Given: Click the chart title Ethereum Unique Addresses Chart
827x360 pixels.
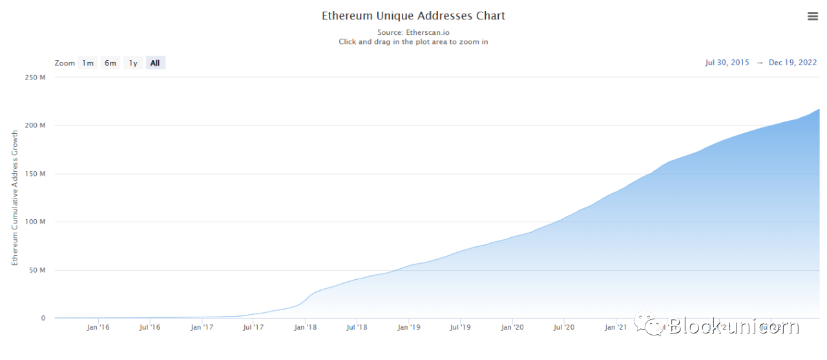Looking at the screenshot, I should [413, 16].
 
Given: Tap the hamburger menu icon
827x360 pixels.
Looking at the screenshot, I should [813, 17].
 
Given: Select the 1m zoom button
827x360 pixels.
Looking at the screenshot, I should [87, 63].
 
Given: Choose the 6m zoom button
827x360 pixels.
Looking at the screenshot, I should [110, 63].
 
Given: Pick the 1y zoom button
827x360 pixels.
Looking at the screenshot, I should [133, 63].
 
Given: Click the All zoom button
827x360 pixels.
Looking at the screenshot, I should [155, 63].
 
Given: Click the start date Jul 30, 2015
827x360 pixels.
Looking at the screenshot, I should [727, 63].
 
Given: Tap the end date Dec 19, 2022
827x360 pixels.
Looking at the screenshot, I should [793, 63].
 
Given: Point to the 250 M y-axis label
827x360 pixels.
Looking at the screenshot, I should [34, 78].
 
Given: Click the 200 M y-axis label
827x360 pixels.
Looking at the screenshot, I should [34, 125].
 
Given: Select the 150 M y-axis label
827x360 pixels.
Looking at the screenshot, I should [34, 174].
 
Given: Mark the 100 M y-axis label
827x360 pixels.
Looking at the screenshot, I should [34, 222].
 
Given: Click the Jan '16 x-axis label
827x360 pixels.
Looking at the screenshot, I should [98, 328].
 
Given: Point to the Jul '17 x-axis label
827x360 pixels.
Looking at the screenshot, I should [253, 328].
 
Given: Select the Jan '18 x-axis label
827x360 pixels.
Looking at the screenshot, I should [305, 328].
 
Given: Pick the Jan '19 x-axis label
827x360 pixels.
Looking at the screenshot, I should [409, 328].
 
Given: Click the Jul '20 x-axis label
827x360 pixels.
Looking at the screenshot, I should [564, 328].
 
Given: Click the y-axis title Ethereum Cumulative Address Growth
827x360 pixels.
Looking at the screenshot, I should [15, 198].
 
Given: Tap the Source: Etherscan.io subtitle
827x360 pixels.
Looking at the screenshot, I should [413, 32].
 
